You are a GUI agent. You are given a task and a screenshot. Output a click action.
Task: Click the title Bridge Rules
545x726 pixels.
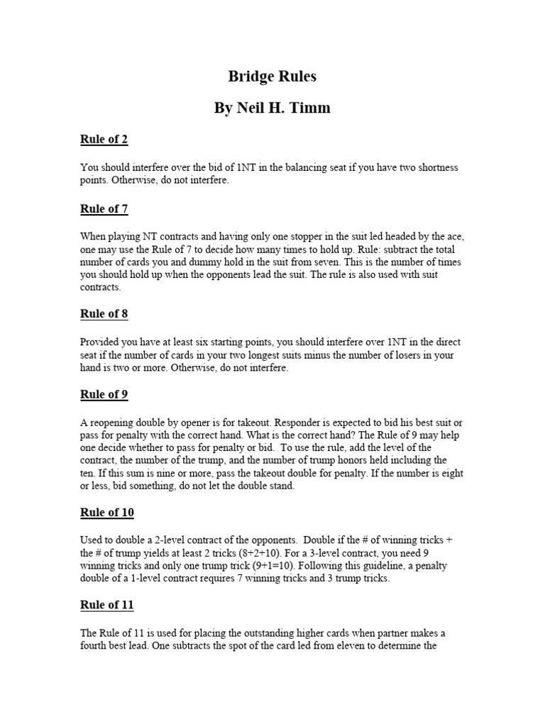click(272, 77)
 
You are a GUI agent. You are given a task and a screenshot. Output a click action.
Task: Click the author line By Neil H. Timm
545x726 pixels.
click(272, 108)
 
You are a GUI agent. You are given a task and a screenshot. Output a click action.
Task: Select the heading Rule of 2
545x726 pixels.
click(104, 139)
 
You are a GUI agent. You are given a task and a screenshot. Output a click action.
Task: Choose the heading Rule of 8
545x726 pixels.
click(104, 313)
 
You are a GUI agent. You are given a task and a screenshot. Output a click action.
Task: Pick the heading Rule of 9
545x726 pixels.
click(104, 394)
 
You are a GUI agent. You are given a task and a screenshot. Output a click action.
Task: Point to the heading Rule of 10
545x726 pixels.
click(106, 512)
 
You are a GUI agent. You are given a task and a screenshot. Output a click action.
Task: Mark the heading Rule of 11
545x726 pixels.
click(106, 605)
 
